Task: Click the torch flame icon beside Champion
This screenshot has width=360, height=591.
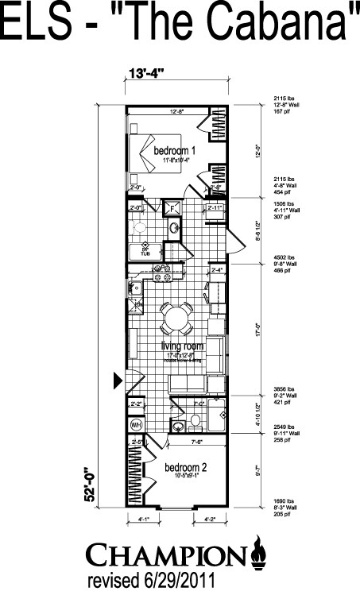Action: pyautogui.click(x=257, y=550)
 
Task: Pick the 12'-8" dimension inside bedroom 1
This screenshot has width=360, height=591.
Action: pyautogui.click(x=176, y=113)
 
